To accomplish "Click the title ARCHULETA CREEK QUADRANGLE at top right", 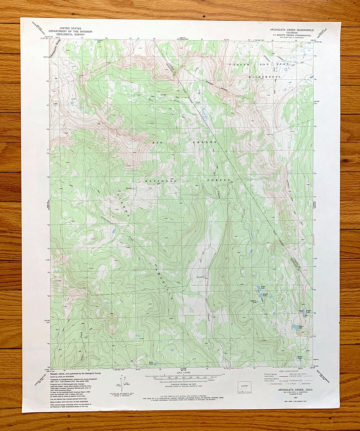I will [x=292, y=30].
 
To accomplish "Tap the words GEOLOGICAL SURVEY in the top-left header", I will [x=70, y=34].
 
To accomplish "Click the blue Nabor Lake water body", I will [x=295, y=328].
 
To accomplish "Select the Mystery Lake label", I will [x=254, y=302].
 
